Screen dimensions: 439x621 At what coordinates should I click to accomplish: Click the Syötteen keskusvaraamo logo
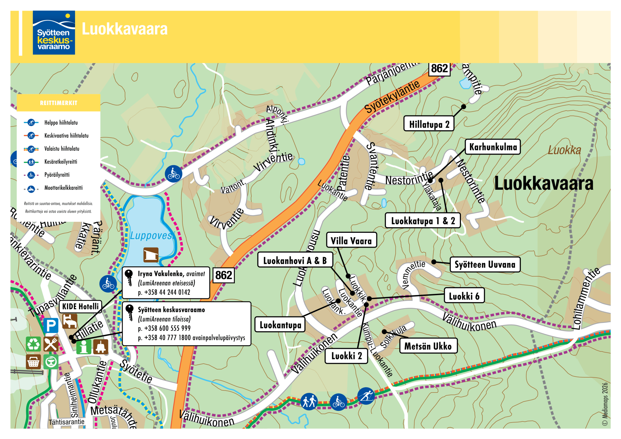[x=54, y=33]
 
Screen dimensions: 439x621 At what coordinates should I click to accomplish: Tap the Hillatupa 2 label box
[x=429, y=124]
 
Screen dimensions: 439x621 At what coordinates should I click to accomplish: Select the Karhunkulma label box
[x=493, y=147]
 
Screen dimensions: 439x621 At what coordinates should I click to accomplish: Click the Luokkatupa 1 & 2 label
[x=422, y=221]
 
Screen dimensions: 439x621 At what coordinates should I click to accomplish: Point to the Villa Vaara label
[x=351, y=241]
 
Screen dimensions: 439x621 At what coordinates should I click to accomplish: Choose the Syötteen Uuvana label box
[x=485, y=264]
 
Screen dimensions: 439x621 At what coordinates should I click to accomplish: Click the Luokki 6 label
[x=464, y=296]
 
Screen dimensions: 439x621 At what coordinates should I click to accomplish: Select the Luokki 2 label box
[x=346, y=356]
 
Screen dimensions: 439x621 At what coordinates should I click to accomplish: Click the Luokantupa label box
[x=280, y=325]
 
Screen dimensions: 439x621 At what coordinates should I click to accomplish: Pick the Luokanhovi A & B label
[x=295, y=260]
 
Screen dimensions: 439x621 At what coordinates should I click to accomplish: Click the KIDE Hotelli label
[x=80, y=306]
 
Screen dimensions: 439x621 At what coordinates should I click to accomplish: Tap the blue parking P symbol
[x=51, y=326]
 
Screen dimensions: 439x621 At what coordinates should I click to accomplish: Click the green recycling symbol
[x=33, y=344]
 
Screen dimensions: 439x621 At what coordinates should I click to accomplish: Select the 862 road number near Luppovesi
[x=223, y=275]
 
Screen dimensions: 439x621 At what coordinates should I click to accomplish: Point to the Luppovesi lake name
[x=151, y=235]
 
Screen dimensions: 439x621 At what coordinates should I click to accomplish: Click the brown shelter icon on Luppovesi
[x=151, y=255]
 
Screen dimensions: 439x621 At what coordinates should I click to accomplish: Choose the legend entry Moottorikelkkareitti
[x=63, y=188]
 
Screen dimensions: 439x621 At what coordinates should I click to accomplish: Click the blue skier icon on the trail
[x=366, y=396]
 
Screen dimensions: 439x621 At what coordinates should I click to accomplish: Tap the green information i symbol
[x=84, y=347]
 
